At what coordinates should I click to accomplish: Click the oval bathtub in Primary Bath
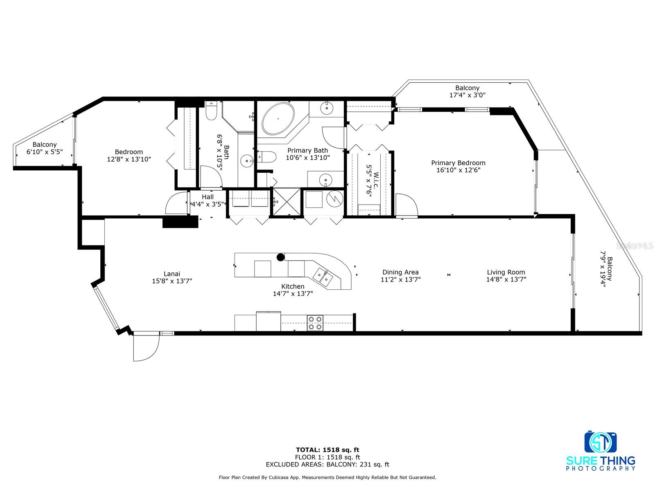pos(278,119)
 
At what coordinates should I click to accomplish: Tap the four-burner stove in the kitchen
pos(315,323)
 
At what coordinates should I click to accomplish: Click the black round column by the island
pos(280,257)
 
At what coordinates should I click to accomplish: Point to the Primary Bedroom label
pos(458,163)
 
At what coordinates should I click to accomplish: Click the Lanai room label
pos(172,274)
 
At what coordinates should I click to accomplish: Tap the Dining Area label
pos(400,272)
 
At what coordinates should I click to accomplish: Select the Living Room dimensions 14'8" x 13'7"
pos(506,279)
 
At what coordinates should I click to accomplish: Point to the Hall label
pos(208,197)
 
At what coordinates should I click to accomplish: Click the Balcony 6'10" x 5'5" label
pos(45,148)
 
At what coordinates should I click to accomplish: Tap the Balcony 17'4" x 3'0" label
pos(468,92)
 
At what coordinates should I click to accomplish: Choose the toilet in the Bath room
pos(211,110)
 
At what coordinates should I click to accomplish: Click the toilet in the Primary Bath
pos(267,157)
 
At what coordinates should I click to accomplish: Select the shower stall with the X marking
pos(287,202)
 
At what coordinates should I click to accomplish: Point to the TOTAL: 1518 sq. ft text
pos(327,450)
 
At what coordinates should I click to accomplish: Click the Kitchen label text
pos(293,286)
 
